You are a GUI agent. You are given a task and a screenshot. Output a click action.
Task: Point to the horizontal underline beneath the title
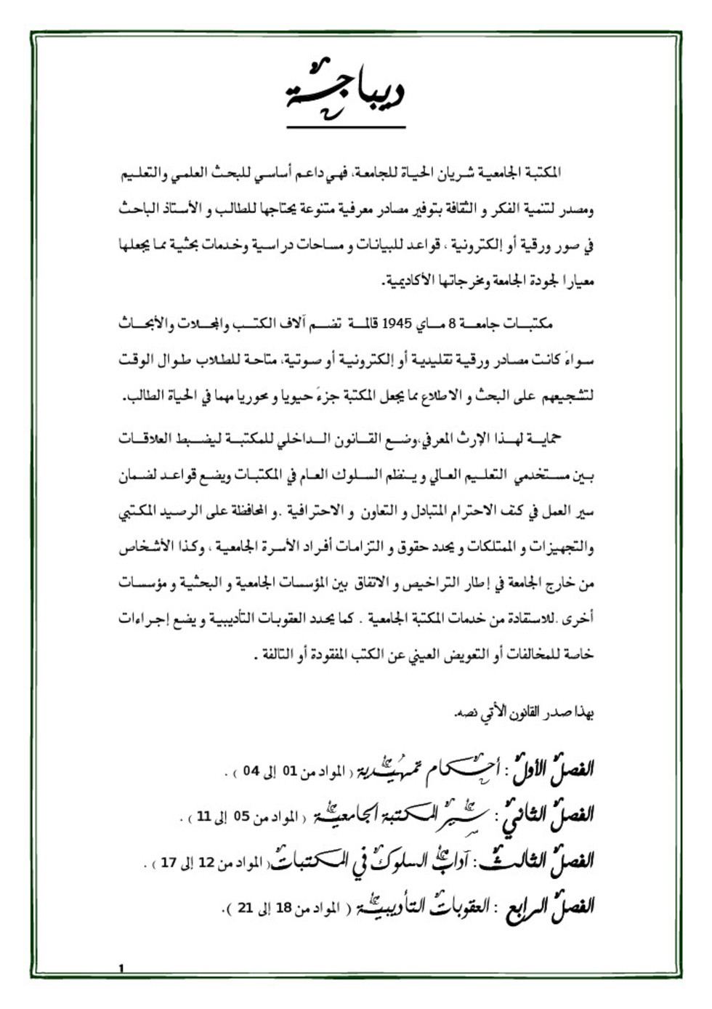coord(346,128)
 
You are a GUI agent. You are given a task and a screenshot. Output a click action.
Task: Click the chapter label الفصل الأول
coord(555,768)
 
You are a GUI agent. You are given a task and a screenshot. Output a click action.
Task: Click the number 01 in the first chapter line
coord(289,771)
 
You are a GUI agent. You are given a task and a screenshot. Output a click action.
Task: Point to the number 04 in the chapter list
coord(251,771)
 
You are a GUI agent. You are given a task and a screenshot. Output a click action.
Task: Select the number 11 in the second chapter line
coord(204,817)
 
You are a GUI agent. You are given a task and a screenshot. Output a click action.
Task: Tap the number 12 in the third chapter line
coord(206,863)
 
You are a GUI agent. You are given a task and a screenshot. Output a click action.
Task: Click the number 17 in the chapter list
coord(169,863)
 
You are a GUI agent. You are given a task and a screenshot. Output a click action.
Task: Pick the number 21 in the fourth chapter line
coord(245,908)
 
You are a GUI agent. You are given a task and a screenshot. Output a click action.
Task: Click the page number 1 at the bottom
coord(121,968)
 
